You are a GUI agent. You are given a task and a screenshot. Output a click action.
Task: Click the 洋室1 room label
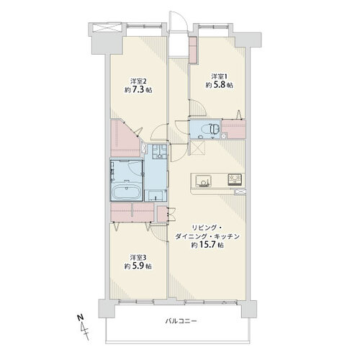pos(219,77)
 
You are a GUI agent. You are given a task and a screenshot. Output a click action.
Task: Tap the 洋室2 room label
pos(138,81)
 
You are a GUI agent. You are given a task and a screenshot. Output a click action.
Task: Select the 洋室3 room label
pos(138,258)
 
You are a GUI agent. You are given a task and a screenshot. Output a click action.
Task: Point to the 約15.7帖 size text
pos(207,245)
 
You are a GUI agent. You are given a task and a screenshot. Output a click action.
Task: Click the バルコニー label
pos(181,321)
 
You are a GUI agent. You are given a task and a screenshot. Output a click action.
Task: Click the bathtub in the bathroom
pos(125,192)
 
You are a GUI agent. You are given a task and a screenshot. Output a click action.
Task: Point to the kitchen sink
pos(203,181)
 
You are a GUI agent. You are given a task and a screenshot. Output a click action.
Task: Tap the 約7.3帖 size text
pos(138,90)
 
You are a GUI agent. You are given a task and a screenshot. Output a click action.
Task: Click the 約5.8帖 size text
pos(219,85)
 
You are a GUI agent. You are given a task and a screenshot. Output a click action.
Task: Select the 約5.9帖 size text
pos(138,266)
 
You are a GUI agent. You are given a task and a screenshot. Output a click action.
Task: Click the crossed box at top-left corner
pos(107,27)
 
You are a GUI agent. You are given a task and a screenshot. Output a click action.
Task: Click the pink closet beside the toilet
pos(233,129)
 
